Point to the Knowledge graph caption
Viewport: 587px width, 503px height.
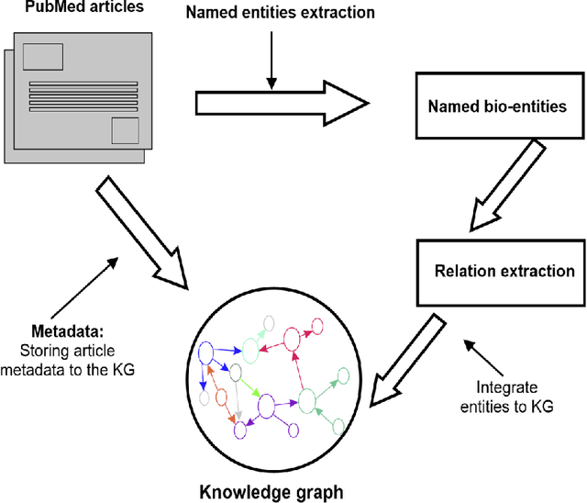[x=271, y=492]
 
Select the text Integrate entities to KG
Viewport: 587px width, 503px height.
[x=517, y=396]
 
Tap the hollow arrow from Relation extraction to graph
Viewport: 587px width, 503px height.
[x=407, y=354]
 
